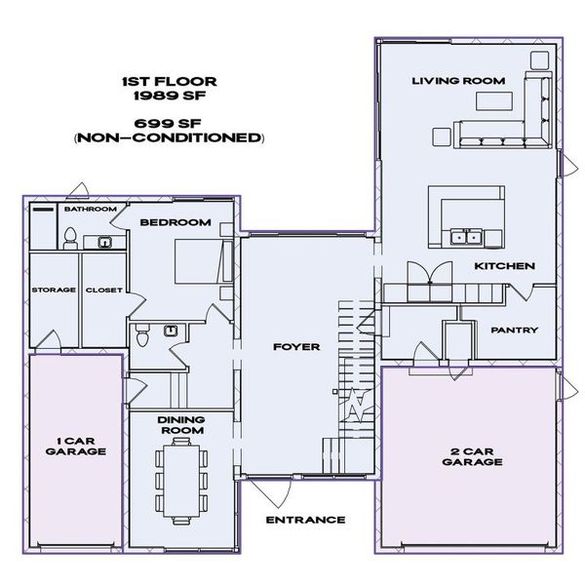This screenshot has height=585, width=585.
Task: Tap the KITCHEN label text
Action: click(x=503, y=266)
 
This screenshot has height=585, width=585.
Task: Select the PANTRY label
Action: click(x=514, y=330)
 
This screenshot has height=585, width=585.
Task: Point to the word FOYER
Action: click(x=296, y=346)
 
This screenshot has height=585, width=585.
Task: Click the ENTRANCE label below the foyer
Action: click(x=305, y=520)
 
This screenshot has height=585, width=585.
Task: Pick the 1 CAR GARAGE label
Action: click(x=76, y=445)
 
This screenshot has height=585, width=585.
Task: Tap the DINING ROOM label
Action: click(x=180, y=424)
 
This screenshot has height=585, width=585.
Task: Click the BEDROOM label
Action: click(x=175, y=222)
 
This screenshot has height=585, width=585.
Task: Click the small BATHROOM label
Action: click(x=90, y=209)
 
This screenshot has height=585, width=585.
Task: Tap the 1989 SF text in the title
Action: click(x=169, y=97)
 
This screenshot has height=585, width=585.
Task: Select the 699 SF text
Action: click(x=169, y=123)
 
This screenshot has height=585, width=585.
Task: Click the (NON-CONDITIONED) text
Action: click(x=169, y=137)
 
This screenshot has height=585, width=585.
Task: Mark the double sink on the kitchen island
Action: click(x=465, y=237)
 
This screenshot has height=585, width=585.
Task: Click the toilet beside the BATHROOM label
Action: click(x=70, y=237)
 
